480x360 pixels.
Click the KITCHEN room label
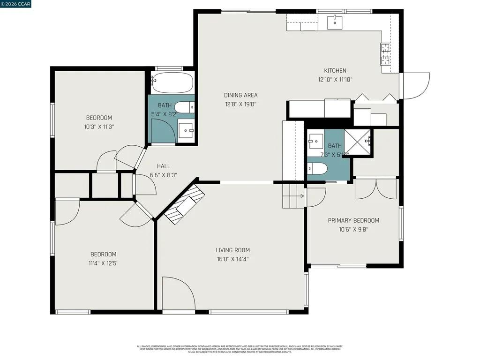[x=335, y=71]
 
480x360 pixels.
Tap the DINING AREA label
[x=240, y=95]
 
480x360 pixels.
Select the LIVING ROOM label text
[x=232, y=250]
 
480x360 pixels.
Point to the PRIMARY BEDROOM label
[x=353, y=220]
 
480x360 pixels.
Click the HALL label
[x=164, y=166]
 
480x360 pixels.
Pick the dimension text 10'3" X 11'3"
[x=99, y=126]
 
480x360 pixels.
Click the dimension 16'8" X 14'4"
[x=232, y=258]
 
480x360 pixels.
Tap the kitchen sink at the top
[x=335, y=22]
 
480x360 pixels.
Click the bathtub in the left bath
[x=172, y=83]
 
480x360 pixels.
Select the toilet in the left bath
[x=187, y=106]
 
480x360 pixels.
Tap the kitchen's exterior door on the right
[x=415, y=86]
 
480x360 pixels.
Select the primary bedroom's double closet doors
[x=376, y=188]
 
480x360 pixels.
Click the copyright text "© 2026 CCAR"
[x=16, y=4]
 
